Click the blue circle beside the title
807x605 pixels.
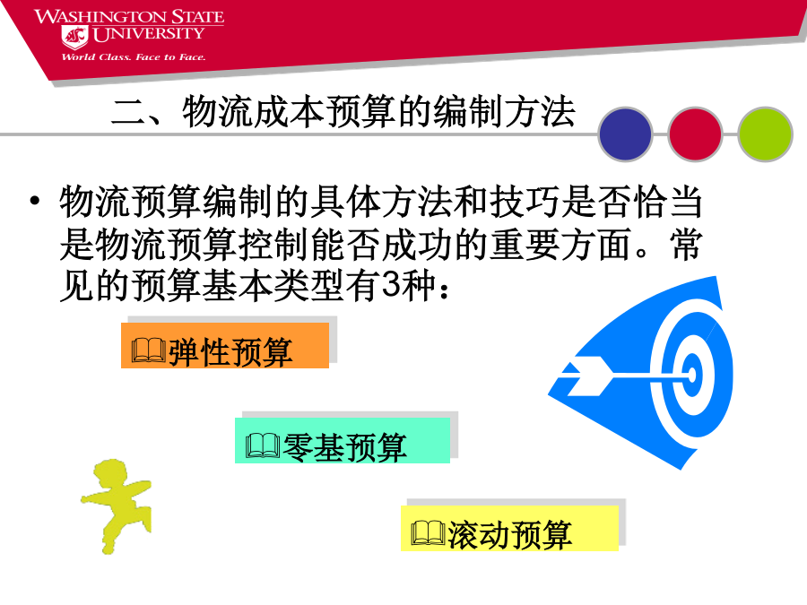pyautogui.click(x=625, y=134)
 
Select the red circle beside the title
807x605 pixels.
pyautogui.click(x=695, y=134)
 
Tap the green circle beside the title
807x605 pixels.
pyautogui.click(x=765, y=134)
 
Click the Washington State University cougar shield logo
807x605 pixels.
pyautogui.click(x=75, y=37)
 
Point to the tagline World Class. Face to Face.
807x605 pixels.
pyautogui.click(x=134, y=57)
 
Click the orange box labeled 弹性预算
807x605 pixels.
pyautogui.click(x=225, y=345)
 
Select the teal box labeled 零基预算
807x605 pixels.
pyautogui.click(x=343, y=440)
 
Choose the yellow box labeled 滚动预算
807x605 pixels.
pyautogui.click(x=509, y=528)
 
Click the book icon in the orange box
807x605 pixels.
pyautogui.click(x=149, y=350)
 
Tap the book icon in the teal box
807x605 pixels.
pyautogui.click(x=263, y=445)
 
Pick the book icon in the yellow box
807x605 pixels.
pyautogui.click(x=429, y=533)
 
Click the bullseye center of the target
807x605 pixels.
pyautogui.click(x=691, y=375)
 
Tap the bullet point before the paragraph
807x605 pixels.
pyautogui.click(x=34, y=200)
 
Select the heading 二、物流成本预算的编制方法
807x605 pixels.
pyautogui.click(x=343, y=111)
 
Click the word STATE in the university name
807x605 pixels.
pyautogui.click(x=197, y=16)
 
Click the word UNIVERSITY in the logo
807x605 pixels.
pyautogui.click(x=148, y=34)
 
